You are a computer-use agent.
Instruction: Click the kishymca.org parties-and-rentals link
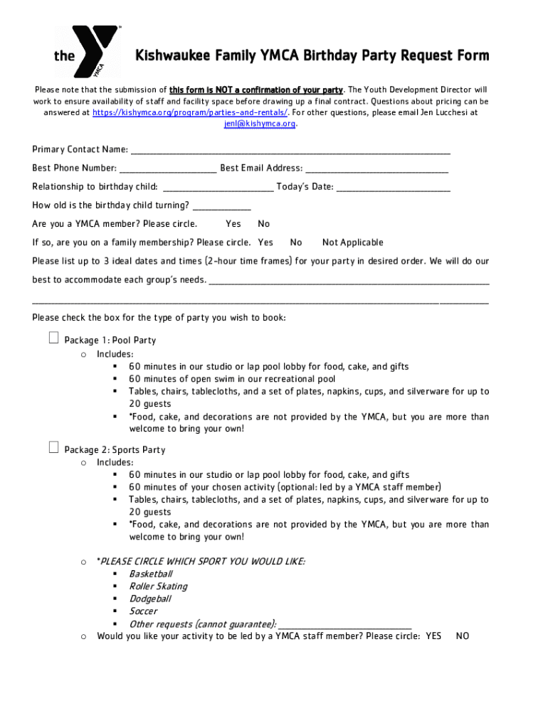click(x=190, y=112)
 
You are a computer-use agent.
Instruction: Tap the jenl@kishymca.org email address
click(x=260, y=124)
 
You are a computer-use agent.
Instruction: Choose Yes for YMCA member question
click(x=233, y=224)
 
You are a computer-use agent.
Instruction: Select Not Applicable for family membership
click(x=352, y=242)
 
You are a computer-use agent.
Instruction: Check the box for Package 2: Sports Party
click(x=53, y=447)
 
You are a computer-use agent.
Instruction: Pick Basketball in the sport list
click(x=150, y=574)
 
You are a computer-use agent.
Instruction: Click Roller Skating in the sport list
click(x=158, y=587)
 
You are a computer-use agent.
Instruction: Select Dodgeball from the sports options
click(x=149, y=599)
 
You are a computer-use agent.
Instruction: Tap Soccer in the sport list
click(x=142, y=611)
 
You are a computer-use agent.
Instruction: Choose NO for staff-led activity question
click(x=462, y=636)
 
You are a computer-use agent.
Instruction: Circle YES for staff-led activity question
click(x=433, y=636)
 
